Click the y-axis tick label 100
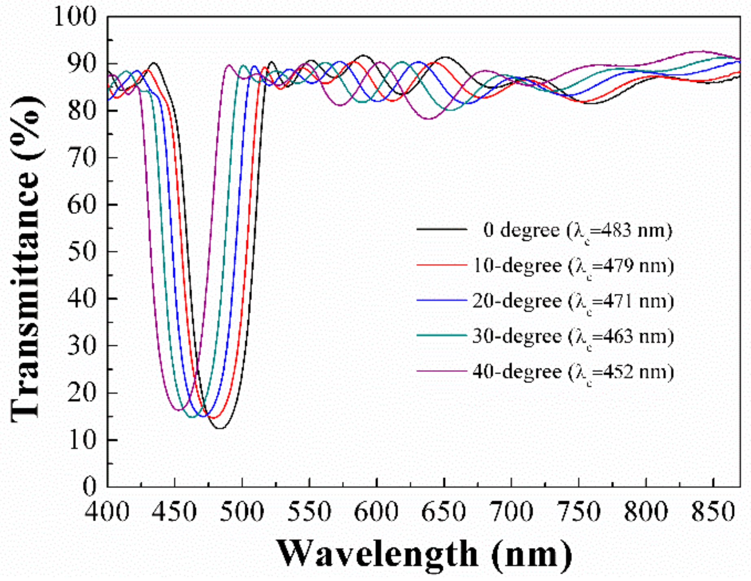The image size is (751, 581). (75, 17)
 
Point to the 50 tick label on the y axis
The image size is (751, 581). (81, 251)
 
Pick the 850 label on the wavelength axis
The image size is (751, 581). (713, 511)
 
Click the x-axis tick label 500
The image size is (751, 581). (242, 511)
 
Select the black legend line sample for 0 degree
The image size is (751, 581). (442, 229)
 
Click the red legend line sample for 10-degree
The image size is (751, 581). (442, 265)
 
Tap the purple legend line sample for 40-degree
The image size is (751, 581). (442, 371)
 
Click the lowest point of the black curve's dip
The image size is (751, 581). (220, 428)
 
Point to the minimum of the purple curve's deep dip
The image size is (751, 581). (179, 409)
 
